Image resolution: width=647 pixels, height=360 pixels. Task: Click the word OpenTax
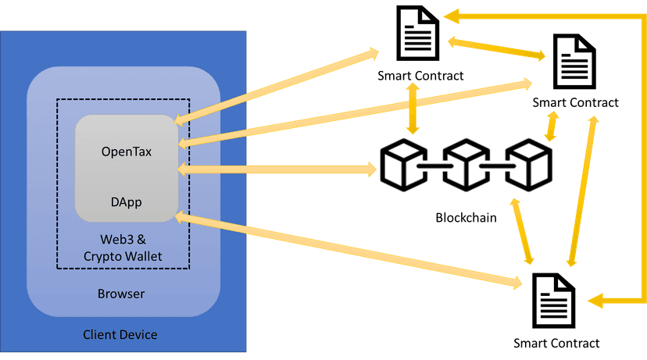tap(126, 151)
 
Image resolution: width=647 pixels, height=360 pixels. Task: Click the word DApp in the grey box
tap(126, 201)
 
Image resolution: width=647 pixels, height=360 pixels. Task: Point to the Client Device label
tap(120, 335)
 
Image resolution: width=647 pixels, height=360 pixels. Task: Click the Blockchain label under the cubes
tap(466, 217)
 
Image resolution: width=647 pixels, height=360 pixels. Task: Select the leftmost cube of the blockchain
tap(403, 166)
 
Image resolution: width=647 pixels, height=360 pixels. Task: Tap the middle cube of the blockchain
tap(466, 166)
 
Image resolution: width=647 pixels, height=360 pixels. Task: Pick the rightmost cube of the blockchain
tap(528, 166)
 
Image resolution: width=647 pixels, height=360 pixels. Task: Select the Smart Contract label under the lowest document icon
tap(556, 343)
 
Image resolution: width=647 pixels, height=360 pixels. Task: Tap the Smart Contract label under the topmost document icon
tap(420, 76)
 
